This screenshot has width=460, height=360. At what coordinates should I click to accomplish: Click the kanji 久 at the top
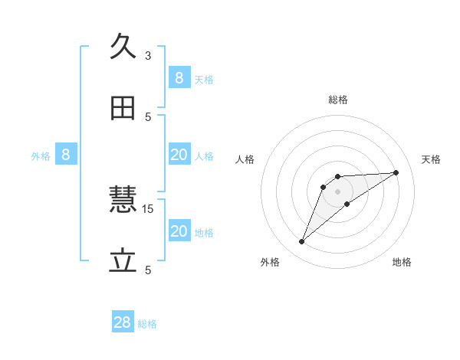pyautogui.click(x=123, y=47)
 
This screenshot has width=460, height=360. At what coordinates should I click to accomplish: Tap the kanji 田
pyautogui.click(x=123, y=109)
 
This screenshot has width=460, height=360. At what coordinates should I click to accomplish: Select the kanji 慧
pyautogui.click(x=123, y=201)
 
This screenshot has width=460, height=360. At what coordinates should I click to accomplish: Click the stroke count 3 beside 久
pyautogui.click(x=148, y=55)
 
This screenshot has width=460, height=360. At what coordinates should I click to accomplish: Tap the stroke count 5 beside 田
pyautogui.click(x=148, y=116)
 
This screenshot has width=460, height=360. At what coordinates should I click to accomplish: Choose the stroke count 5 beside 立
pyautogui.click(x=148, y=270)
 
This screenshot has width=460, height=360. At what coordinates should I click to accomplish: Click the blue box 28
pyautogui.click(x=123, y=322)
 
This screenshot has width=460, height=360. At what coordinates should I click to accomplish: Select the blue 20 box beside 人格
pyautogui.click(x=179, y=155)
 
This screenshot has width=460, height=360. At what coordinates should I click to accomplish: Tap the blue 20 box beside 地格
pyautogui.click(x=179, y=231)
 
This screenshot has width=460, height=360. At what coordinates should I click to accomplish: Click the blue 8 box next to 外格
pyautogui.click(x=65, y=155)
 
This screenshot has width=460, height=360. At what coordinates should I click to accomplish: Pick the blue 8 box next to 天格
pyautogui.click(x=179, y=77)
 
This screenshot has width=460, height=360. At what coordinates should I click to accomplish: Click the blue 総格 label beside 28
pyautogui.click(x=147, y=324)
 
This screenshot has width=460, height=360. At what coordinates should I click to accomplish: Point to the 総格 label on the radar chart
pyautogui.click(x=337, y=100)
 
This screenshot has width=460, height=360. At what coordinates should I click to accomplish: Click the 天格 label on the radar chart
pyautogui.click(x=431, y=159)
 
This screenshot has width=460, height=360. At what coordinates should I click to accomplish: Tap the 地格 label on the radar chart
pyautogui.click(x=402, y=262)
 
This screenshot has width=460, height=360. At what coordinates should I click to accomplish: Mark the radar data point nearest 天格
pyautogui.click(x=396, y=172)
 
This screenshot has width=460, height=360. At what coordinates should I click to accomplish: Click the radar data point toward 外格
pyautogui.click(x=302, y=242)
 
